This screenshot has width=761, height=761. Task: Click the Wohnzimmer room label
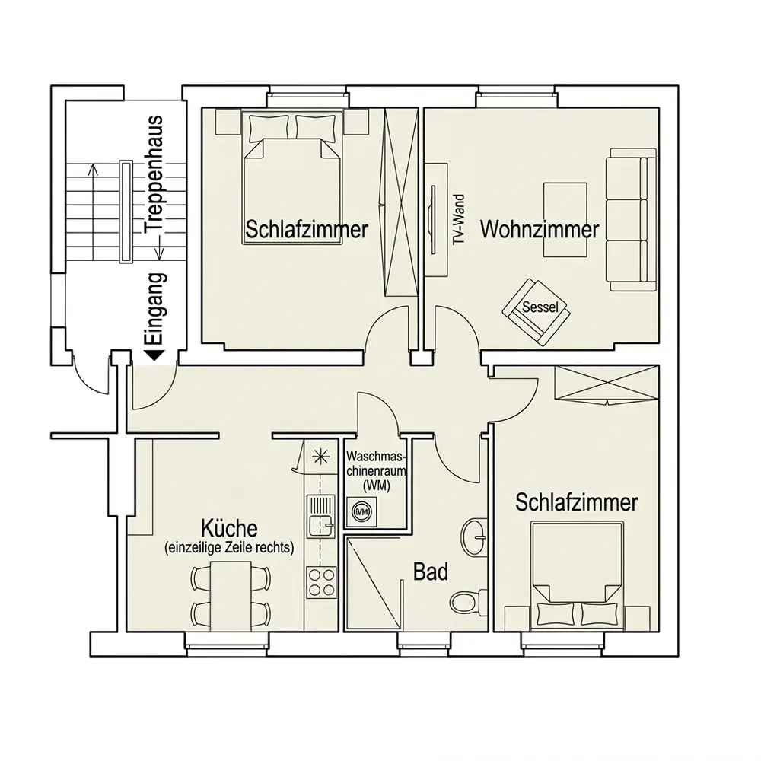[x=540, y=229]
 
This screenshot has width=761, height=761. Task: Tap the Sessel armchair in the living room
[x=537, y=312]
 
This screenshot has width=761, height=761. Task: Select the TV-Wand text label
[x=459, y=219]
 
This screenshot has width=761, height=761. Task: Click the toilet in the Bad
[x=468, y=602]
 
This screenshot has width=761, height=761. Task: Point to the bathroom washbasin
[x=475, y=537]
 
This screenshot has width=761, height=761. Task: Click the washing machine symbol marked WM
[x=361, y=511]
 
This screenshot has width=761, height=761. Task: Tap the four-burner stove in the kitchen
[x=321, y=582]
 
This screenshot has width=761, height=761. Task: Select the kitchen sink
[x=321, y=516]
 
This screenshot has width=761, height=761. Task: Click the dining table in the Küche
[x=231, y=596]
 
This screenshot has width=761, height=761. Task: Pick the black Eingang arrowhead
[x=155, y=355]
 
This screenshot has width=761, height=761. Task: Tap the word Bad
[x=431, y=572]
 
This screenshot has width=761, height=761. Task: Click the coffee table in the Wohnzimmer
[x=565, y=219]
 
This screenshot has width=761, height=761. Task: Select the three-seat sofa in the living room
[x=632, y=219]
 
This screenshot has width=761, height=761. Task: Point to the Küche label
[x=230, y=527]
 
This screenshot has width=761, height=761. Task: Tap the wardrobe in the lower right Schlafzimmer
[x=607, y=384]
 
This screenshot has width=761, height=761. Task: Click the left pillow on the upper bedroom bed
[x=269, y=128]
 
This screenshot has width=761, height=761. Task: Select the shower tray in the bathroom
[x=373, y=584]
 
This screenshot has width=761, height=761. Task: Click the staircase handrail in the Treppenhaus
[x=126, y=212]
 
